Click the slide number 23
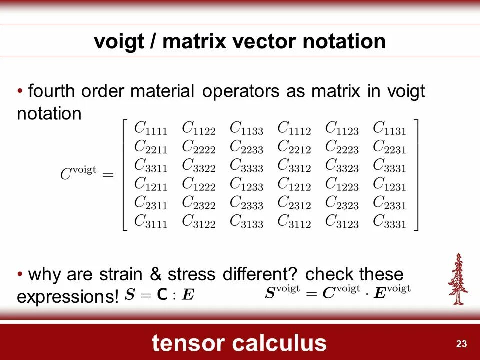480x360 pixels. [x=461, y=344]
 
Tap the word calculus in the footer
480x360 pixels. [x=280, y=343]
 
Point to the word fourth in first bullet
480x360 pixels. [x=52, y=92]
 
